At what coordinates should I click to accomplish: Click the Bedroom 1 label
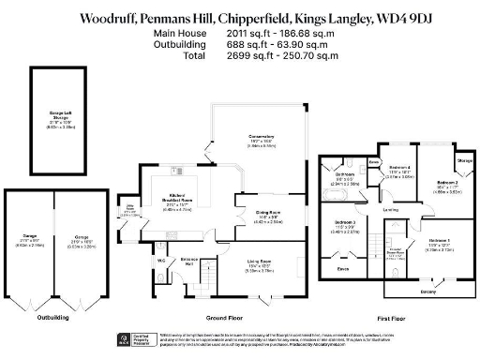(x=440, y=241)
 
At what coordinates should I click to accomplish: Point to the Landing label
(x=390, y=210)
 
